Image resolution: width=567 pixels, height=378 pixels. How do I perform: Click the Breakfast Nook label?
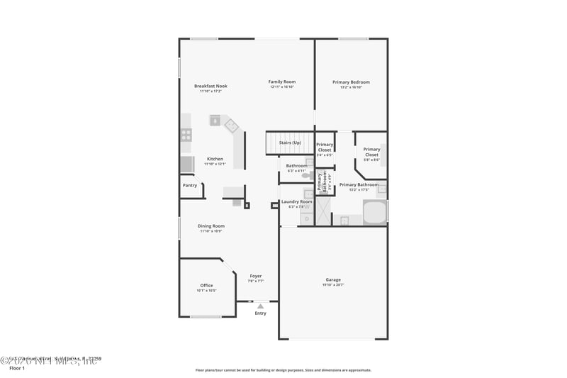click(210, 86)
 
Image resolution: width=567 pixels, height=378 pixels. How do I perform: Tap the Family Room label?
click(281, 82)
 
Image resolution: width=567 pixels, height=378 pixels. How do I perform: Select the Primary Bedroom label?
click(351, 82)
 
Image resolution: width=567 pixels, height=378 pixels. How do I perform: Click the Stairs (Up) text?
click(290, 143)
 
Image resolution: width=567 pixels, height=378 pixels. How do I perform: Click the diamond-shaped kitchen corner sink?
click(232, 126)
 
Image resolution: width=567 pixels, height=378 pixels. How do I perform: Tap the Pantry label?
click(190, 185)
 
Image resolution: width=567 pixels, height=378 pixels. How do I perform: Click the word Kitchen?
click(215, 159)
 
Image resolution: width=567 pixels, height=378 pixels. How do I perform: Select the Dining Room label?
click(210, 226)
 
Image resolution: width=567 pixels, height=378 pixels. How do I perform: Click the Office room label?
click(206, 285)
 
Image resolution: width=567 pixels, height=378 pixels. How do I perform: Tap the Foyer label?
click(256, 276)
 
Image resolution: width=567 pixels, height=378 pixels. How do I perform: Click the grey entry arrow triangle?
click(260, 306)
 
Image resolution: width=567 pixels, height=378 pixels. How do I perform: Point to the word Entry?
click(261, 313)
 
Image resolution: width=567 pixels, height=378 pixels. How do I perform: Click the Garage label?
click(333, 279)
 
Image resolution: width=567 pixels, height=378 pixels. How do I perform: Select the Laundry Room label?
click(296, 201)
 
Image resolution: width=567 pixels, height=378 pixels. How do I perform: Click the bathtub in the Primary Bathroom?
click(375, 213)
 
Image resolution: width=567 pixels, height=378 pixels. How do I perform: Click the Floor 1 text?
click(17, 368)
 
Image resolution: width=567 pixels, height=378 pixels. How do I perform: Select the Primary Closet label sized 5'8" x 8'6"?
click(371, 152)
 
